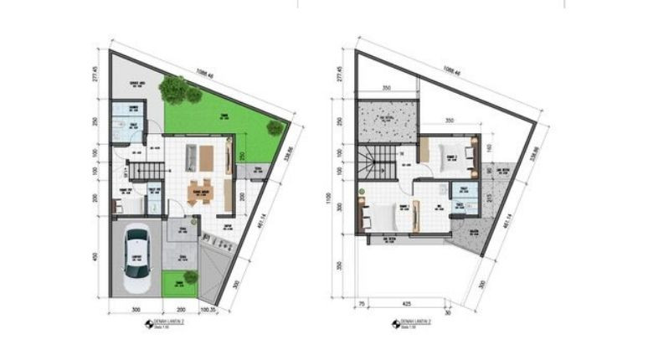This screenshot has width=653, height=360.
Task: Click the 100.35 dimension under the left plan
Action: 208,311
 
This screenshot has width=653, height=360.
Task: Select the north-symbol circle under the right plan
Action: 396,325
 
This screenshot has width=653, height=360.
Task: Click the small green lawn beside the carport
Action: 179,285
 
